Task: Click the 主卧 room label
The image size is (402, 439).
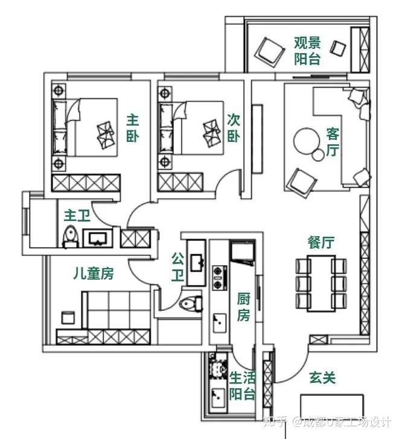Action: pyautogui.click(x=132, y=128)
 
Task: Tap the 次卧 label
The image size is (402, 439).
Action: pyautogui.click(x=233, y=128)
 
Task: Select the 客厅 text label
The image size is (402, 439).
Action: pyautogui.click(x=333, y=142)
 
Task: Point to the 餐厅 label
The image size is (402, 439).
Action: pyautogui.click(x=321, y=242)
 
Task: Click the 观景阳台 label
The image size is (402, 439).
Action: pyautogui.click(x=307, y=51)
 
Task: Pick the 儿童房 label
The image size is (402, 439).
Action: pyautogui.click(x=94, y=274)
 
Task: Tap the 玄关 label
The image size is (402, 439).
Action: pyautogui.click(x=322, y=377)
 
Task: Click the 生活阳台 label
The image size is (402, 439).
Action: pyautogui.click(x=243, y=386)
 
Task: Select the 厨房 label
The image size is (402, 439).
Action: pyautogui.click(x=243, y=307)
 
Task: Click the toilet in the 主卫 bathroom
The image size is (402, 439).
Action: pyautogui.click(x=70, y=237)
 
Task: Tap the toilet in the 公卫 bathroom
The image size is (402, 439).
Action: pyautogui.click(x=191, y=304)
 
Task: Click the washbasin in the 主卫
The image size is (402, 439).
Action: pyautogui.click(x=98, y=239)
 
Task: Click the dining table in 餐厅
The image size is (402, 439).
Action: pyautogui.click(x=321, y=283)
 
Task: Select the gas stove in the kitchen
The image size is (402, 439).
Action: pyautogui.click(x=220, y=277)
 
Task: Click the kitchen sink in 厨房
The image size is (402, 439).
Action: pyautogui.click(x=220, y=323)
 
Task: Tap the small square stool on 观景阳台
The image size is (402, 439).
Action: pyautogui.click(x=337, y=48)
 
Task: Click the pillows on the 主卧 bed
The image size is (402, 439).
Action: pyautogui.click(x=106, y=135)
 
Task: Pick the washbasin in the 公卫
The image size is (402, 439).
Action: pyautogui.click(x=197, y=263)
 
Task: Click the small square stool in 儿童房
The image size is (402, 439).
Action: pyautogui.click(x=68, y=318)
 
